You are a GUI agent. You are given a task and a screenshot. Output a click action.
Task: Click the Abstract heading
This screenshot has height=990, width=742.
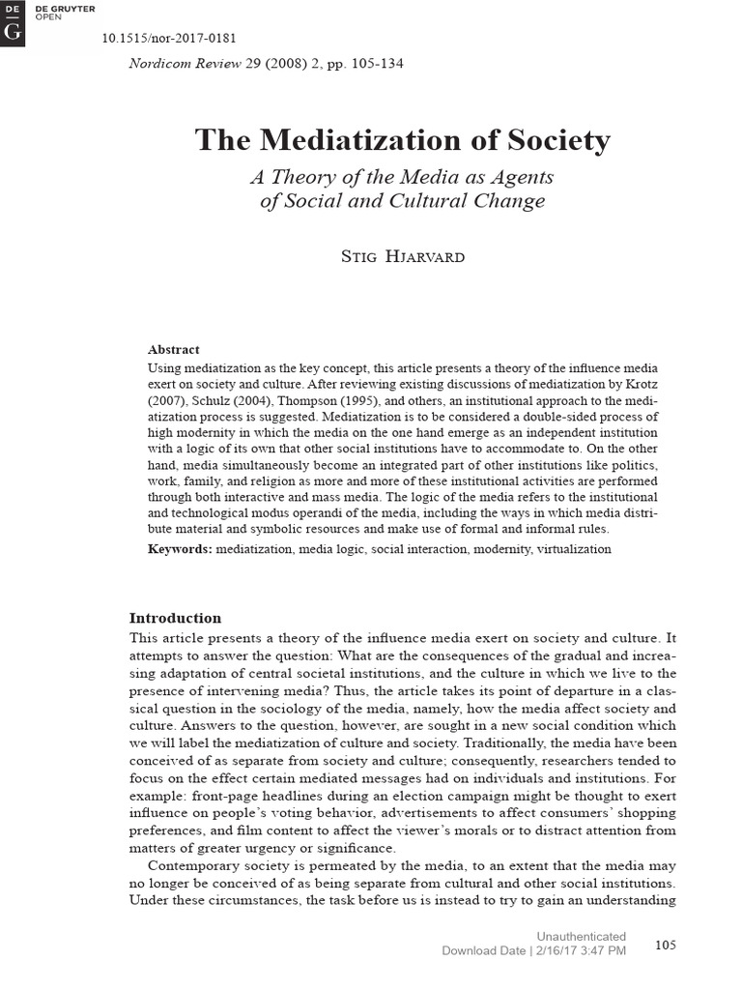tap(173, 349)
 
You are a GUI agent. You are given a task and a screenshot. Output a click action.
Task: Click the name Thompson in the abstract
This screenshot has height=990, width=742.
tap(328, 398)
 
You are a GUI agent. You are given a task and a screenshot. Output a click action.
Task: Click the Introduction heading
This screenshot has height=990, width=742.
tap(175, 618)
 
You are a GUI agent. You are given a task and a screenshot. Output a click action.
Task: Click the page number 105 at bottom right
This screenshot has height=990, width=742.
tap(666, 945)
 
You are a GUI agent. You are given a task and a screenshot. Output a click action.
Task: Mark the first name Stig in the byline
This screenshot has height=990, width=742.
tap(356, 257)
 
